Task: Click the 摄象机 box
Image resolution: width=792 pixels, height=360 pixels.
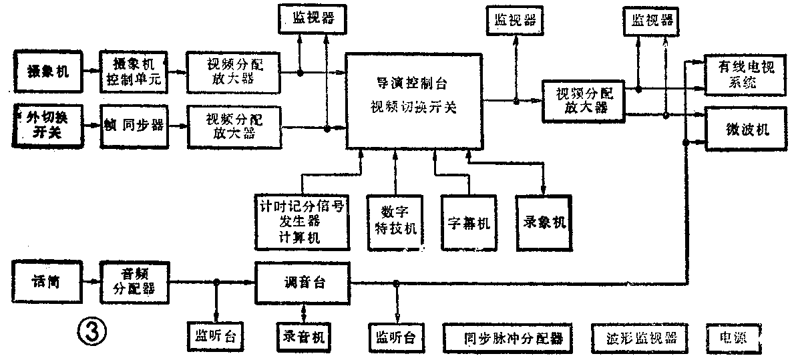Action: point(49,70)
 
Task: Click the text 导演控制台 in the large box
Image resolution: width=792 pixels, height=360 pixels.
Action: point(412,84)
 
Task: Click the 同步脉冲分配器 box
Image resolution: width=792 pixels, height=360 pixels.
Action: point(508,337)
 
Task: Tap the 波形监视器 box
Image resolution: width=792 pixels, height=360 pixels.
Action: point(638,337)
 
